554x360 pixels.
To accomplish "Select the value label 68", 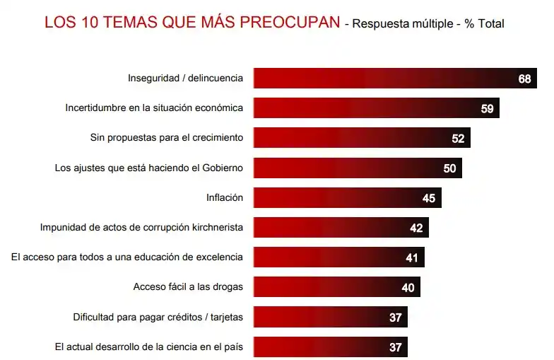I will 524,79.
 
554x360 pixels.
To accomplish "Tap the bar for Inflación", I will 346,198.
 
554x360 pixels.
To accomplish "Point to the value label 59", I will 487,109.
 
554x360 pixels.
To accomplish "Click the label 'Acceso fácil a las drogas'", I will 188,287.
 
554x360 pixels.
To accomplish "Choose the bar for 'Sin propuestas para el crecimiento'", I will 361,139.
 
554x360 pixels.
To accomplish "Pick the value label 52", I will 458,139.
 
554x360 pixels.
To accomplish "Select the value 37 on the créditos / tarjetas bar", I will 395,318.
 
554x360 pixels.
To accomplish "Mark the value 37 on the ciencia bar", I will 395,347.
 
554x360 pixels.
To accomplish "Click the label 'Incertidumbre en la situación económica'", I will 154,109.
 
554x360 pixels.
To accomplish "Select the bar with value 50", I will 357,168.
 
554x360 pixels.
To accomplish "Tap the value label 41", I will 412,258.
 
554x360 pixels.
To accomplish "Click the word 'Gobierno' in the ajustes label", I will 221,168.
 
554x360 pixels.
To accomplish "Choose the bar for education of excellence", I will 338,258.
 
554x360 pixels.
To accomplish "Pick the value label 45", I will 428,198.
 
